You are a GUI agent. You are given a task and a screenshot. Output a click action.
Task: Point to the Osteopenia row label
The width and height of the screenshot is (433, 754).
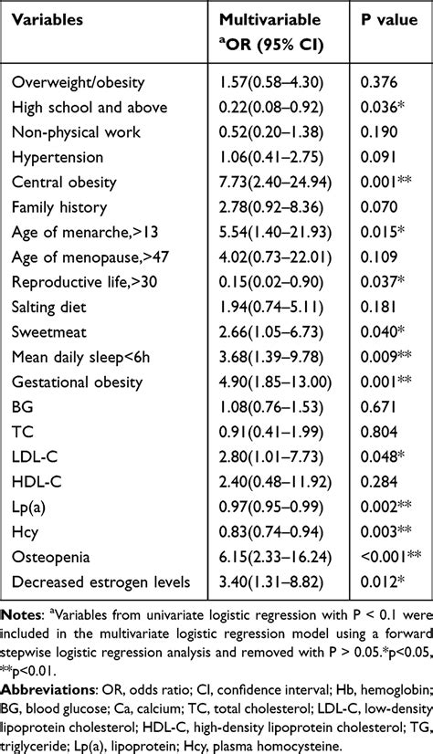point(50,558)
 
